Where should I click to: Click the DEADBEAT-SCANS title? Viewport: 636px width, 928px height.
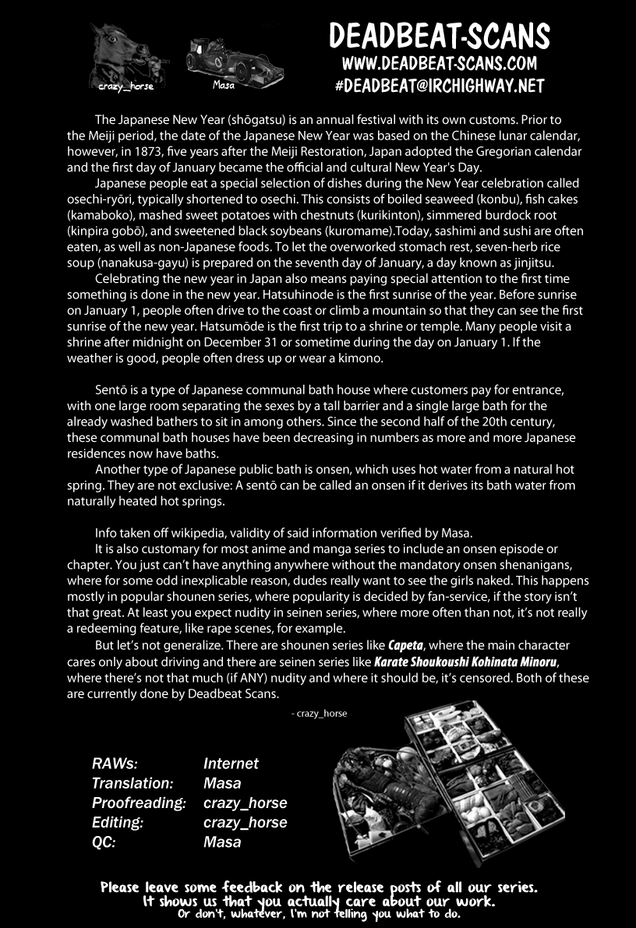tap(440, 36)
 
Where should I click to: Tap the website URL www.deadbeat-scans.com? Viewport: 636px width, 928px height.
tap(440, 63)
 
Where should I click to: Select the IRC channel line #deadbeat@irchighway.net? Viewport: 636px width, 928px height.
tap(440, 85)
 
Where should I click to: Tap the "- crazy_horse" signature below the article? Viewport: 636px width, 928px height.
tap(318, 713)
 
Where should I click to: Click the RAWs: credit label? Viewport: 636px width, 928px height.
tap(115, 764)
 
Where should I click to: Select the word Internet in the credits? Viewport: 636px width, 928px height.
tap(231, 764)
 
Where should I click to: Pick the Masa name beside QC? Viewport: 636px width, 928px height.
tap(222, 842)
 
